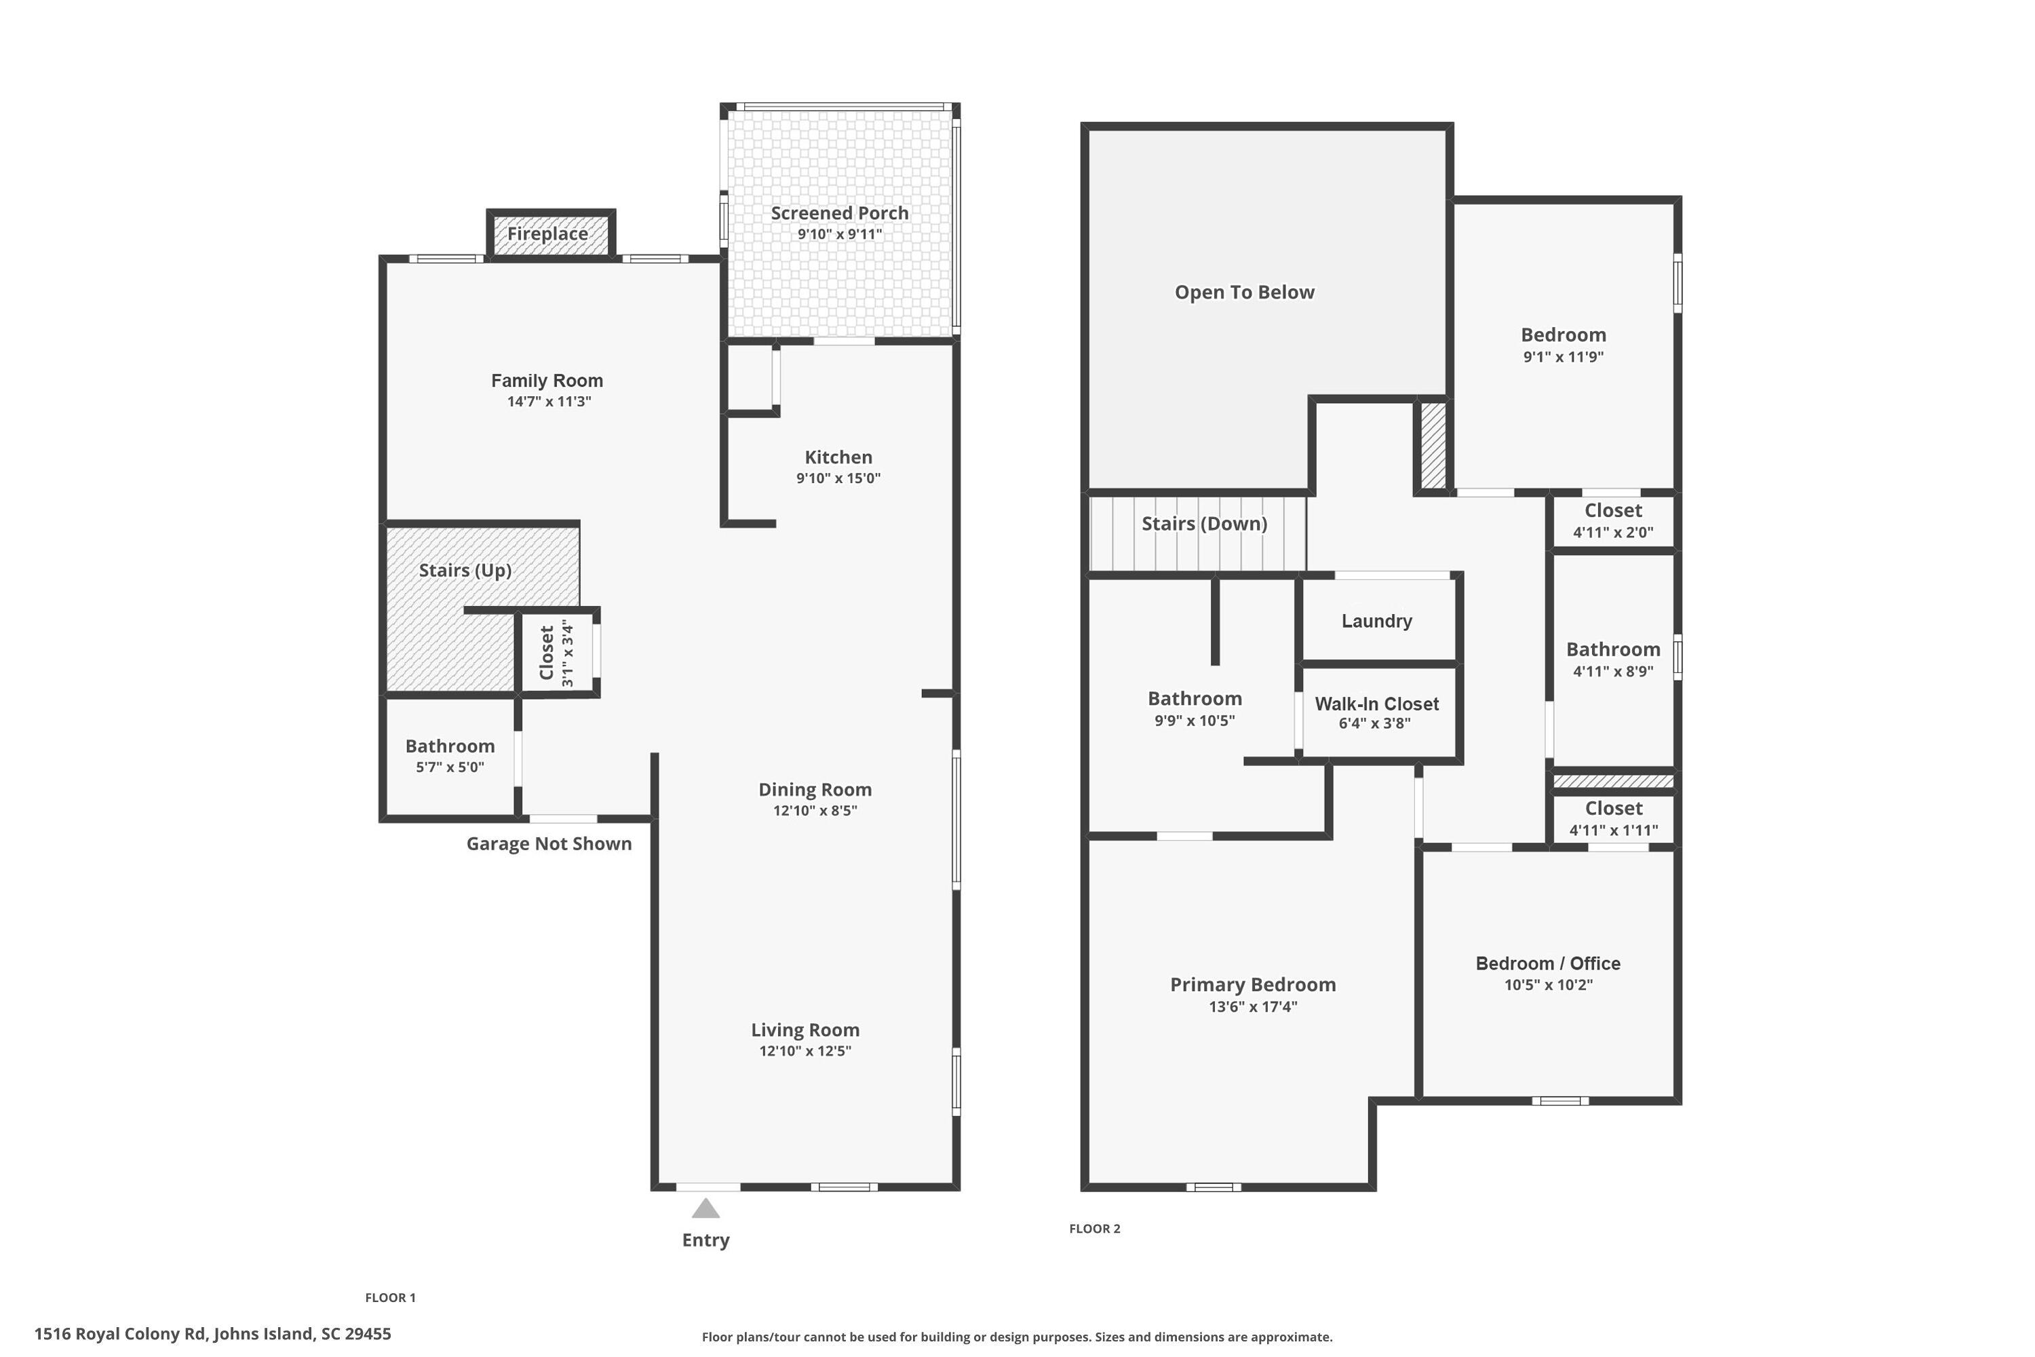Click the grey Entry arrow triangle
point(705,1208)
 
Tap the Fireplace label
point(547,233)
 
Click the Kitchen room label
point(838,457)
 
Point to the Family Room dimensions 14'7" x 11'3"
point(549,402)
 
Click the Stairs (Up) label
point(465,571)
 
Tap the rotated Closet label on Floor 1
point(546,653)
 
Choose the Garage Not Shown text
point(549,844)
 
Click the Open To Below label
point(1243,292)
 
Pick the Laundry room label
point(1376,621)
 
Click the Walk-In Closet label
point(1376,704)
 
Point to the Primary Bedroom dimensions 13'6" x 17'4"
point(1252,1006)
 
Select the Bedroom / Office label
point(1547,963)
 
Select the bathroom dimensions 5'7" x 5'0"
point(449,767)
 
